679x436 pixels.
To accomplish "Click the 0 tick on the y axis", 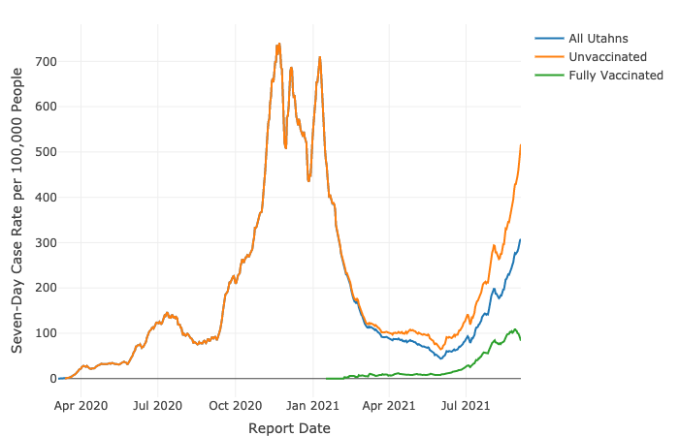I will click(52, 379).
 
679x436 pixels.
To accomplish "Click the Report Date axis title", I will click(289, 427).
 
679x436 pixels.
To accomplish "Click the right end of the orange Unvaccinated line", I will click(521, 145).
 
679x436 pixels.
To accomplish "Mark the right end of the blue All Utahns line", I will click(521, 239).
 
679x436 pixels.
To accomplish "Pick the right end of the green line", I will click(521, 340).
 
